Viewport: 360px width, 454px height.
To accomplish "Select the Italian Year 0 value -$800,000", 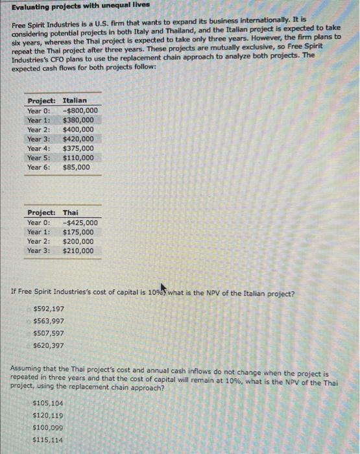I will click(80, 110).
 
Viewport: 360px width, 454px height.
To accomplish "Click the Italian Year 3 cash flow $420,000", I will click(78, 139).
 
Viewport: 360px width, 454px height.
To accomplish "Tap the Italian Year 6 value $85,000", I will click(77, 167).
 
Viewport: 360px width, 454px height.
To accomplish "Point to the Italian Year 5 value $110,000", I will click(78, 158).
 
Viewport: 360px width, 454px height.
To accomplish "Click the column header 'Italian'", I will click(75, 101).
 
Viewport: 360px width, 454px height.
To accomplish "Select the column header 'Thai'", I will click(71, 213).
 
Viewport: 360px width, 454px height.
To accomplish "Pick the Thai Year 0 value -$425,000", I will click(80, 222).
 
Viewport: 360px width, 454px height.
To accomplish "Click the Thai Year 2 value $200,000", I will click(78, 241).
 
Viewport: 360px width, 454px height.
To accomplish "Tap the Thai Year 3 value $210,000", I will click(78, 251).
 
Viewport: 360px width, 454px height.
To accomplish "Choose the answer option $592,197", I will click(47, 309).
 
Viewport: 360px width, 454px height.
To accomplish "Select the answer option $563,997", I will click(47, 321).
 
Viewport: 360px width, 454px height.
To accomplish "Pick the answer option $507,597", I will click(47, 333).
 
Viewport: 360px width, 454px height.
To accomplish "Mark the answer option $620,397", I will click(47, 345).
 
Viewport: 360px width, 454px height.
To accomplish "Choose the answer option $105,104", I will click(47, 403).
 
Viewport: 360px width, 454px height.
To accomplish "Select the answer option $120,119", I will click(47, 416).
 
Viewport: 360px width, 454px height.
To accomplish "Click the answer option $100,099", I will click(47, 428).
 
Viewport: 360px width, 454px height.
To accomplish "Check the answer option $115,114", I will click(47, 440).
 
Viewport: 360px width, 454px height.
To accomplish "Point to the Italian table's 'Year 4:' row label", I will click(38, 149).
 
